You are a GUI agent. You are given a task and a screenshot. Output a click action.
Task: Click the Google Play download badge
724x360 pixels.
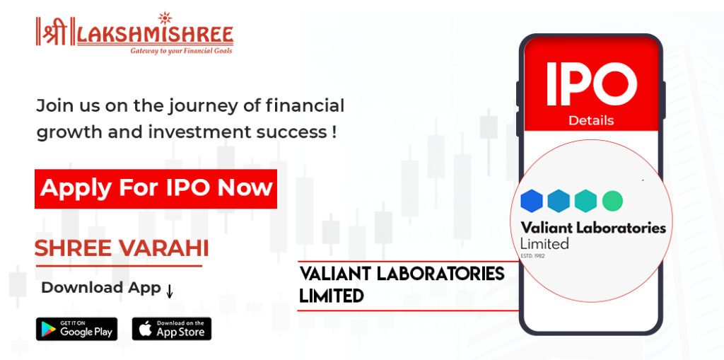click(x=76, y=329)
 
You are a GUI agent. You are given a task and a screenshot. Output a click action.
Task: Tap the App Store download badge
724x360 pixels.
click(x=171, y=329)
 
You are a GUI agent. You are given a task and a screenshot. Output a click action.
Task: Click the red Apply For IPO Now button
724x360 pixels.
click(x=156, y=189)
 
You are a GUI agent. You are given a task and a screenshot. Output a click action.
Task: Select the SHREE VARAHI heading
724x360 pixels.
click(x=122, y=249)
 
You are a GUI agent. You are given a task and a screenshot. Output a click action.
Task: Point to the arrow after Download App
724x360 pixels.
click(x=170, y=291)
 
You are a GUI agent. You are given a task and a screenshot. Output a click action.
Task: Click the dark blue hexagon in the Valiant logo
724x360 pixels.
click(x=532, y=201)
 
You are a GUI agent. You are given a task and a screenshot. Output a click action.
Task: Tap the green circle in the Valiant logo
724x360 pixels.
click(x=613, y=201)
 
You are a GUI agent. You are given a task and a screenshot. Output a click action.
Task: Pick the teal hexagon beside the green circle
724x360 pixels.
click(x=586, y=201)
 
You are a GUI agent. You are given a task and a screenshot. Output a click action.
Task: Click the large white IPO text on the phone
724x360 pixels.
click(x=592, y=83)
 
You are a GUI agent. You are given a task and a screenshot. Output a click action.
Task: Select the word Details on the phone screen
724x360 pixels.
click(x=591, y=121)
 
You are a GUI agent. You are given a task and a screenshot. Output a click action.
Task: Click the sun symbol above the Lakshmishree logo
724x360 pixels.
click(x=164, y=19)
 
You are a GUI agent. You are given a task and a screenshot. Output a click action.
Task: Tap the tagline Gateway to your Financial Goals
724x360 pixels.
click(x=181, y=50)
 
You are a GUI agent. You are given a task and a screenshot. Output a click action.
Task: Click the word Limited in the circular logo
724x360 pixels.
click(x=544, y=243)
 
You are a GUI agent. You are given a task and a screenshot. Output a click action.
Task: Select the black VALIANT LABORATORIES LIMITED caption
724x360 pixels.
click(x=402, y=284)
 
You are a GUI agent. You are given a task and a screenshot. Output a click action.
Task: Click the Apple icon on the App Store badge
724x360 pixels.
click(x=146, y=329)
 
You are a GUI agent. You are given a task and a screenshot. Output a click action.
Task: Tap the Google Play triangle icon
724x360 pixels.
click(x=48, y=329)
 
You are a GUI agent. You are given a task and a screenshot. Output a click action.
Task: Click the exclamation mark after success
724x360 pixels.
click(x=334, y=133)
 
